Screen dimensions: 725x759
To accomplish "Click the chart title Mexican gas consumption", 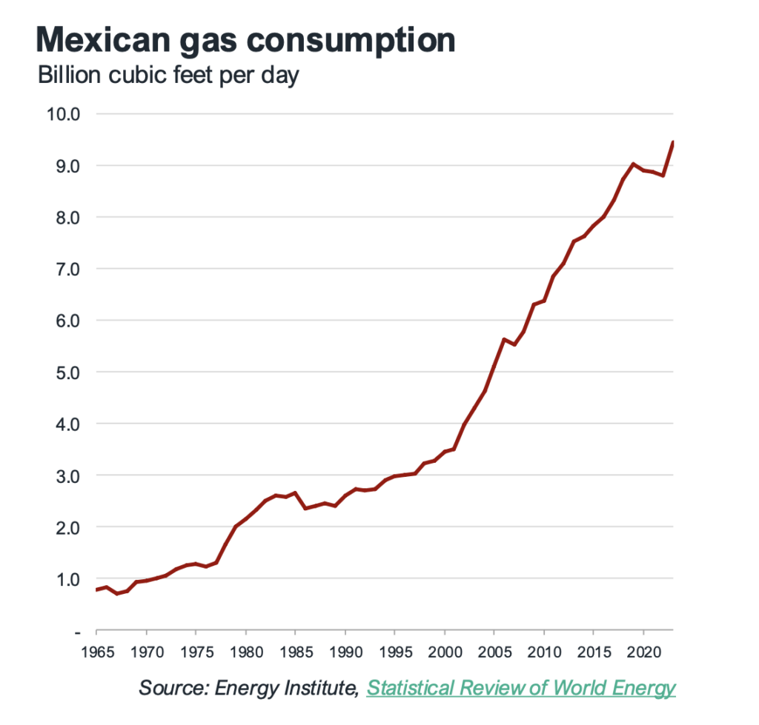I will click(x=245, y=40).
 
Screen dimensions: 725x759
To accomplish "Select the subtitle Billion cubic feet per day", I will click(x=168, y=76).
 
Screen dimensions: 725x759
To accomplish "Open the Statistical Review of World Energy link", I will click(x=521, y=688).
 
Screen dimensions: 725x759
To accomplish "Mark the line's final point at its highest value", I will click(x=672, y=141).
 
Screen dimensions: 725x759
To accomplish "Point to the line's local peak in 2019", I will click(x=632, y=164).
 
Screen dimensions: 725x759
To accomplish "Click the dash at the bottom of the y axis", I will click(x=76, y=632).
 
